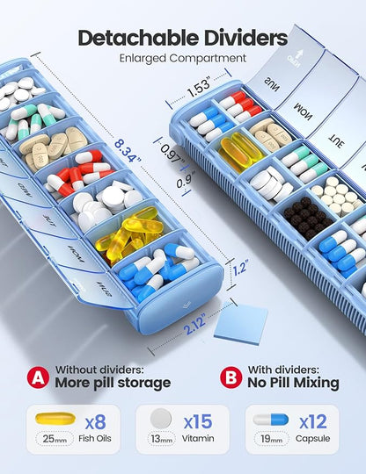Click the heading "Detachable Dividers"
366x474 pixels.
182,38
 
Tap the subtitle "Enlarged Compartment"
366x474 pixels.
182,59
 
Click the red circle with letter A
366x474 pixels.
36,377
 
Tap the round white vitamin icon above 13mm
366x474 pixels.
158,419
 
